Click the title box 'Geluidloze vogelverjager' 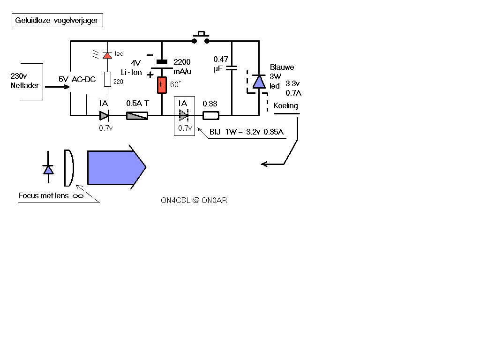[x=57, y=20]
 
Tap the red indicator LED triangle [x=107, y=55]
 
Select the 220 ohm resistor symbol [x=107, y=79]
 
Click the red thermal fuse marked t [x=162, y=85]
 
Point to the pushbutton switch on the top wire [x=201, y=37]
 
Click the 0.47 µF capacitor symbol [x=232, y=68]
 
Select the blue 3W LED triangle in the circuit [x=259, y=82]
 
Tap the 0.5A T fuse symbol [x=137, y=116]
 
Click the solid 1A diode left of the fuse [x=105, y=116]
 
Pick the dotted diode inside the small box [x=184, y=115]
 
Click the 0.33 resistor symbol [x=211, y=116]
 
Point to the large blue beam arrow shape [x=117, y=167]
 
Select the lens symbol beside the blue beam [x=69, y=168]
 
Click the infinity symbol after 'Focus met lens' [x=78, y=196]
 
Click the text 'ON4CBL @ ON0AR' [x=194, y=200]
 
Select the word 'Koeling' [x=285, y=105]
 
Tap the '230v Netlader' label [x=25, y=81]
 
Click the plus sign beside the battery [x=150, y=75]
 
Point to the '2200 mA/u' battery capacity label [x=182, y=67]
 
